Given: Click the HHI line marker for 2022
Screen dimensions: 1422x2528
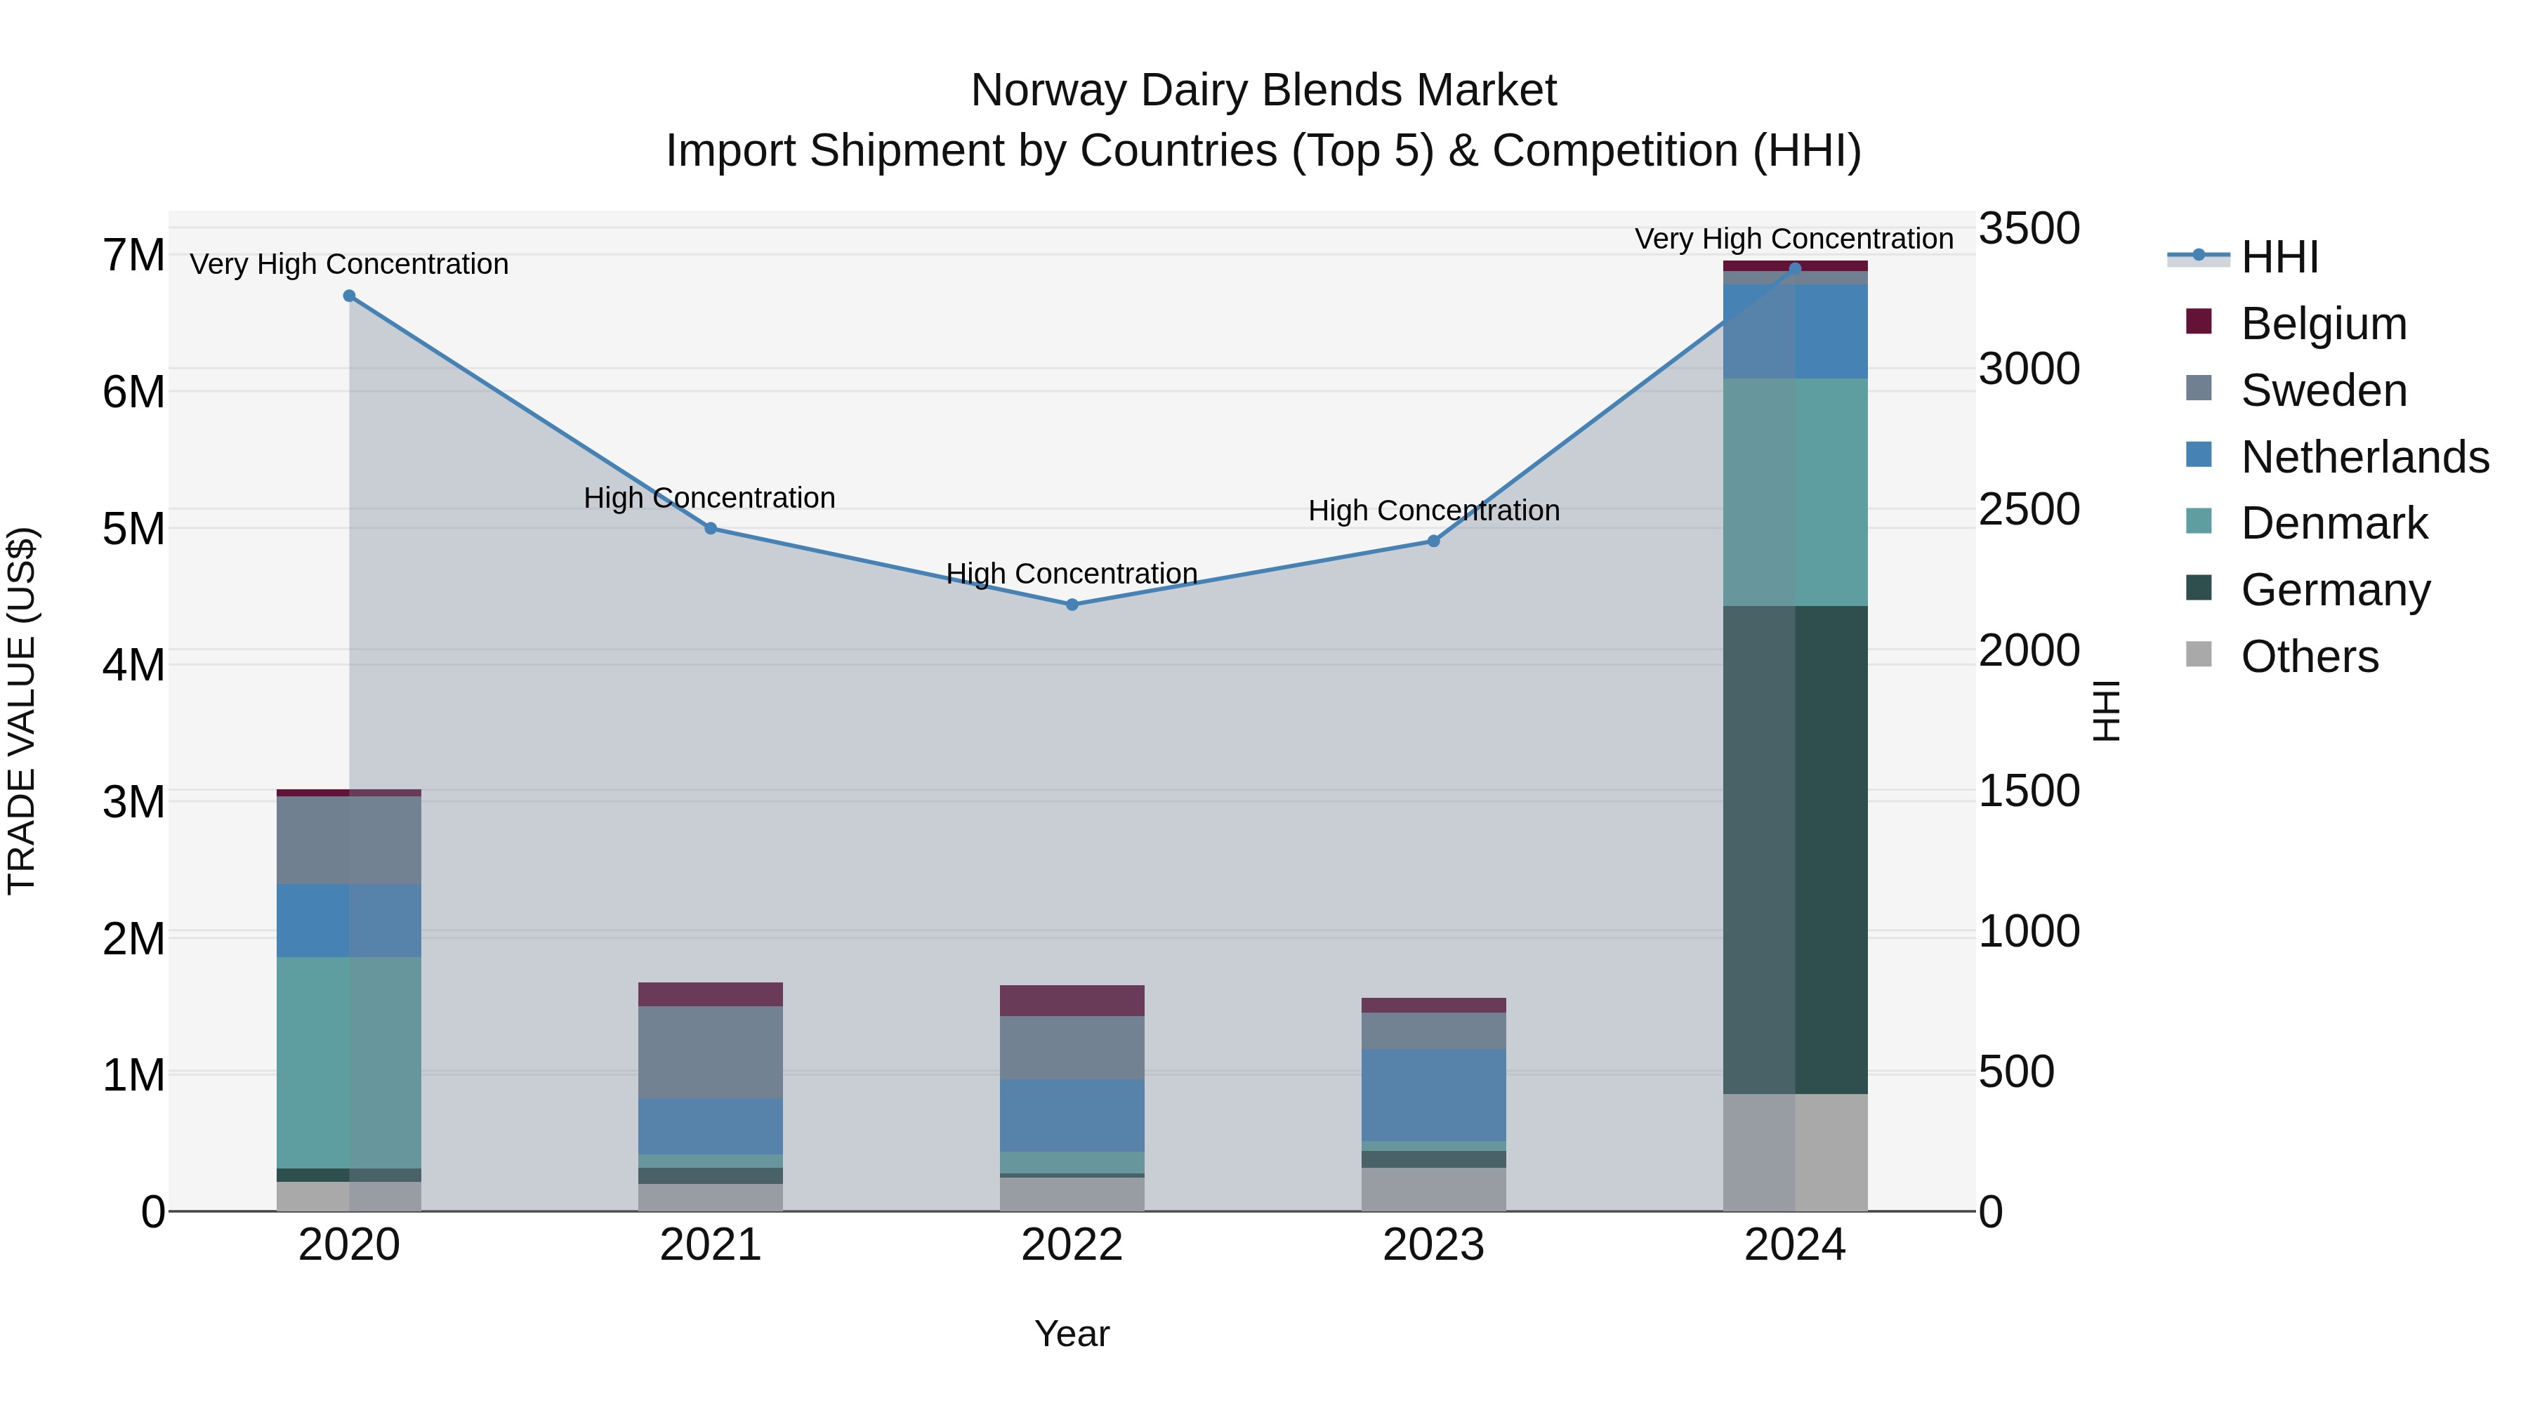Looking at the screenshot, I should pos(1072,605).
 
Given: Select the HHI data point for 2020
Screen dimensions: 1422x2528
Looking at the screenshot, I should pos(350,296).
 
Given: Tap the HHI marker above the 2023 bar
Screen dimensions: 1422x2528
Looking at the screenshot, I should pos(1433,541).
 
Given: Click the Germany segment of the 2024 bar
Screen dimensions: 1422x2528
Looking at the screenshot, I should pos(1795,849).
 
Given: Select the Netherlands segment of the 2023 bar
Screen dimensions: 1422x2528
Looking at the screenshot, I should pos(1433,1094).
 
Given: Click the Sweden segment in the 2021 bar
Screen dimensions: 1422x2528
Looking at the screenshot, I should pos(711,1052).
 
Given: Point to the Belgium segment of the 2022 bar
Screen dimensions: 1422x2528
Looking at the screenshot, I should pos(1072,1000).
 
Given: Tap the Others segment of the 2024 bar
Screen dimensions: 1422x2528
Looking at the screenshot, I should pos(1795,1152).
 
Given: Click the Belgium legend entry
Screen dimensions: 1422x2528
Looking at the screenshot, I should pos(2323,324).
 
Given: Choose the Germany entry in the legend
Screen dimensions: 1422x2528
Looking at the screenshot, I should pos(2335,590).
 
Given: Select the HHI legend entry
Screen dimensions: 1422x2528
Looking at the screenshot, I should pos(2279,257).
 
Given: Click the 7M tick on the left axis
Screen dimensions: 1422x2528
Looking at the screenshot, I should pos(134,256).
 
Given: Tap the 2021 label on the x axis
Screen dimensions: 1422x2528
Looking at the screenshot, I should pos(711,1245).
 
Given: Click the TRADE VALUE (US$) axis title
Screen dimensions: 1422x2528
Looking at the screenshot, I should pos(22,711).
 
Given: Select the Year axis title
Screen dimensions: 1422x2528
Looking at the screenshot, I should pos(1072,1334).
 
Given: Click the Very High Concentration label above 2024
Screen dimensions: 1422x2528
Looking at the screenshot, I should pos(1794,239).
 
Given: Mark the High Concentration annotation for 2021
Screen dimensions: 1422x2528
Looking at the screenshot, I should pos(709,498).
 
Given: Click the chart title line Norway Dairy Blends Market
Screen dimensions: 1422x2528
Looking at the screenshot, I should pos(1263,91).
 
